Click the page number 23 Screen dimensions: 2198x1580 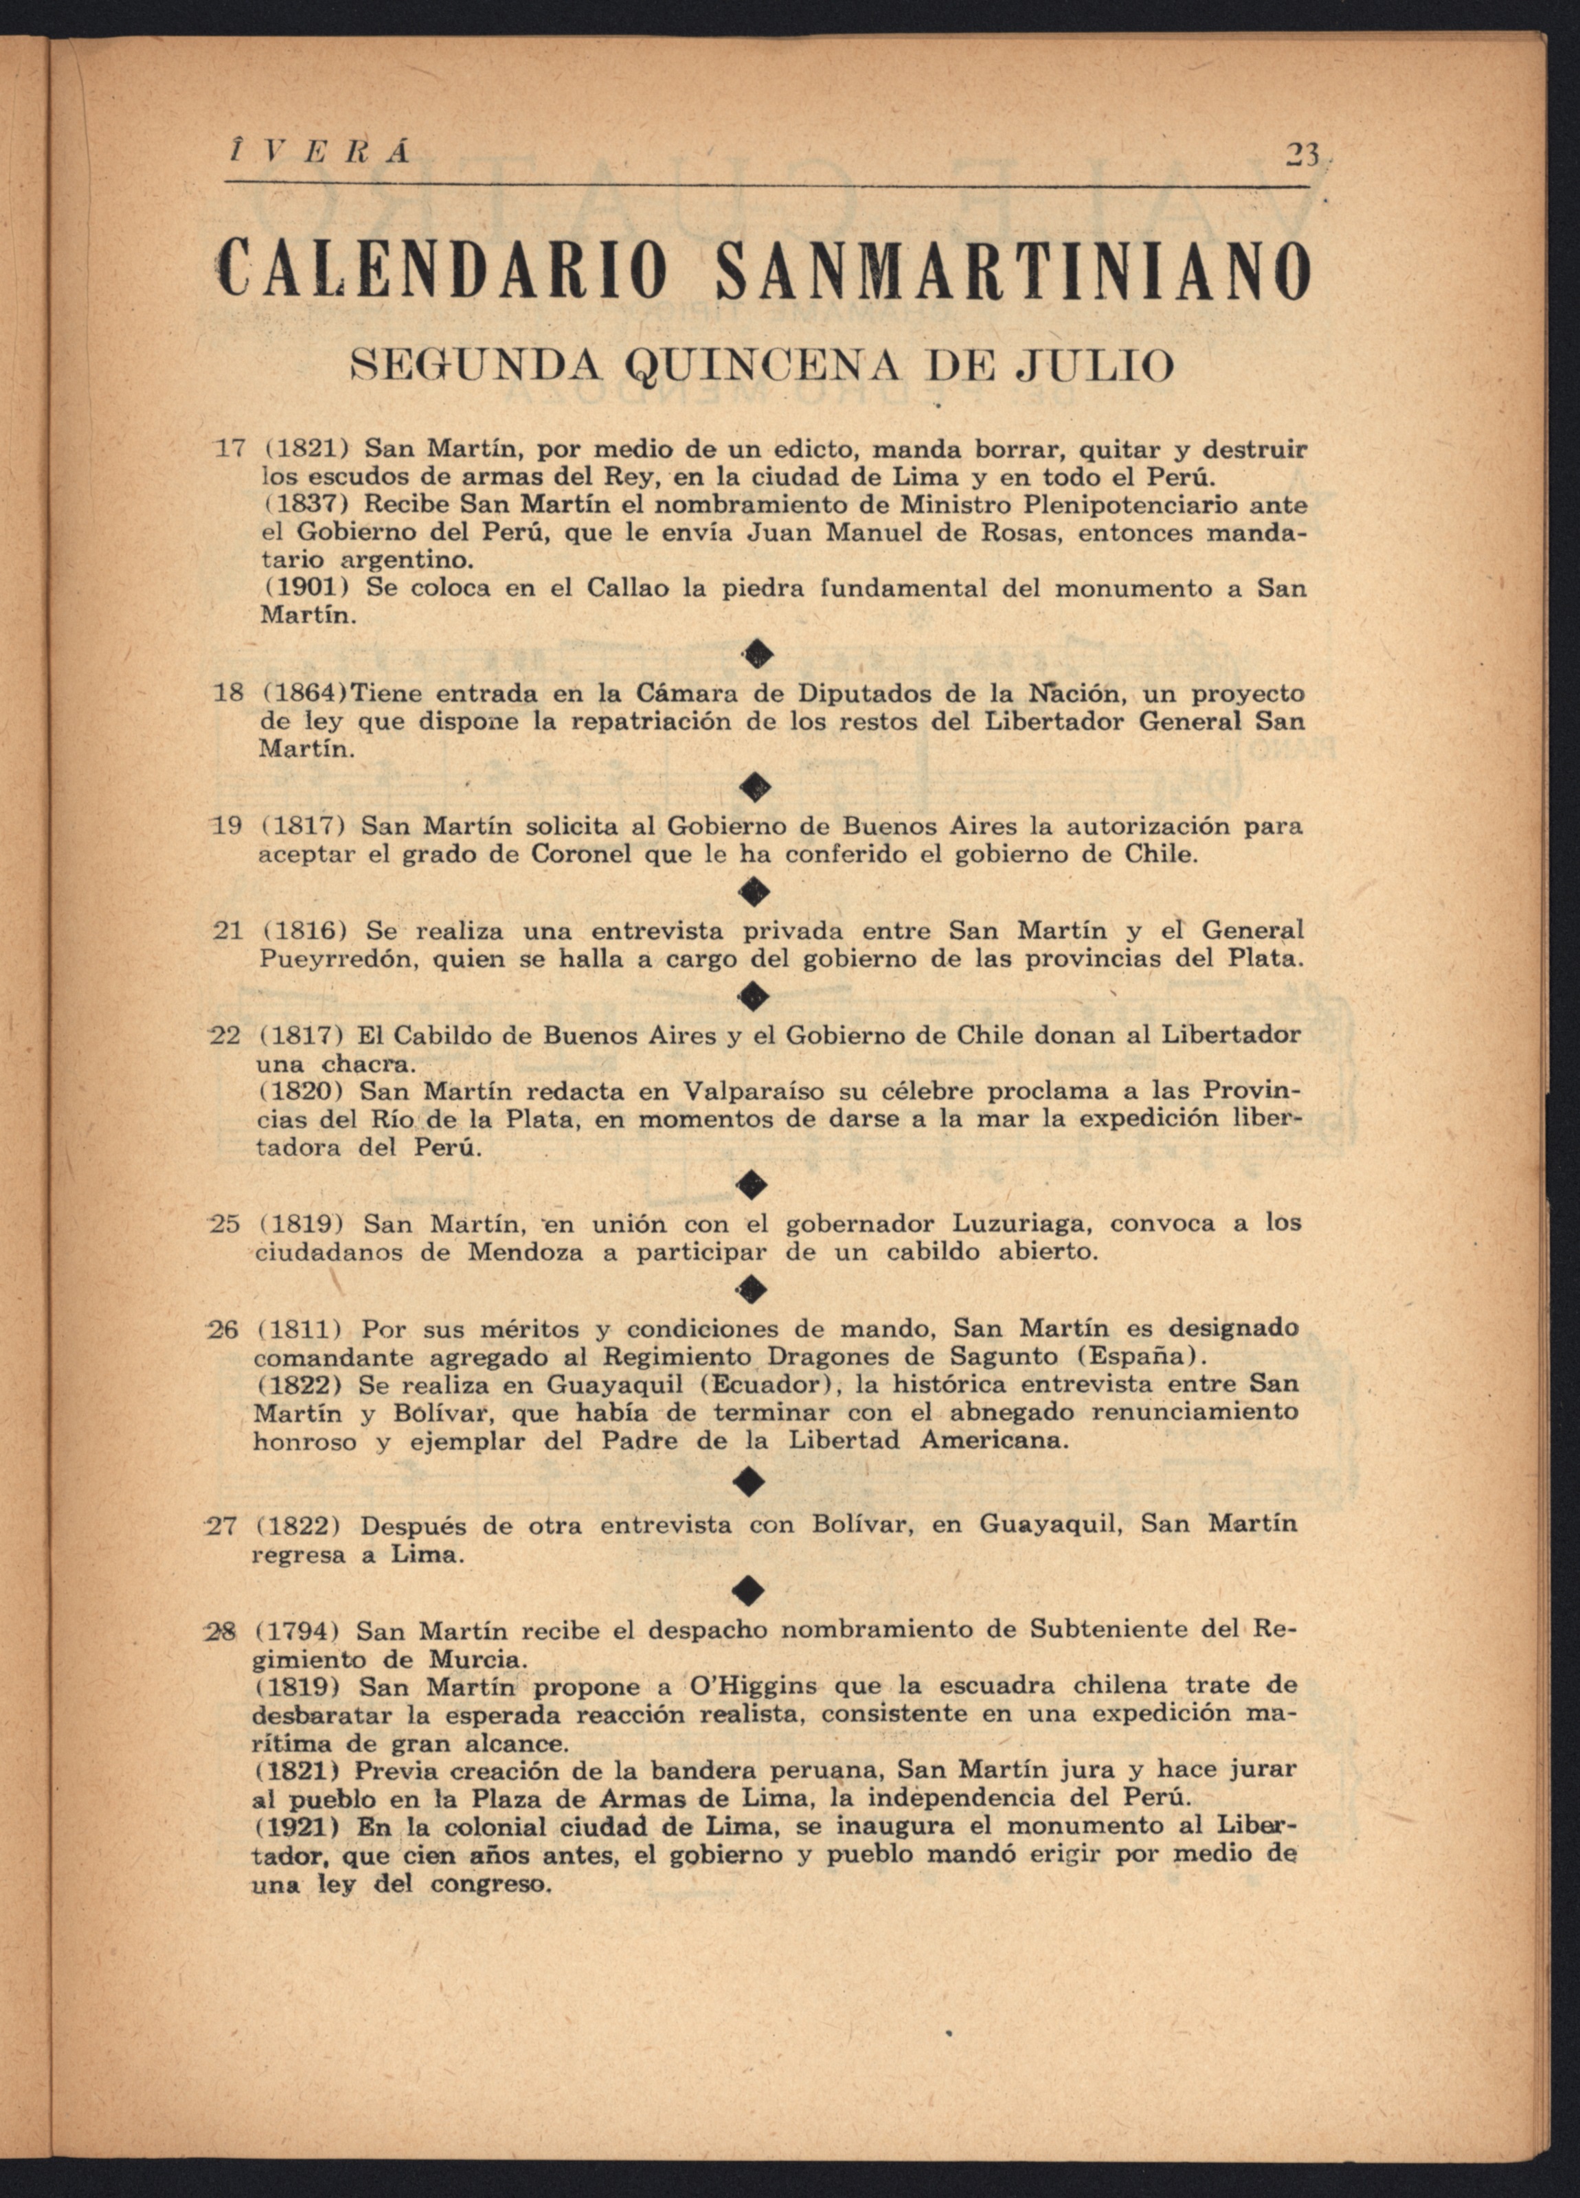pos(1299,156)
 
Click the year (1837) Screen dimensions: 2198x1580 pos(305,505)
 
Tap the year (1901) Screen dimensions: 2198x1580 pos(305,587)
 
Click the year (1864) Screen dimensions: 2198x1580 pos(304,694)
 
